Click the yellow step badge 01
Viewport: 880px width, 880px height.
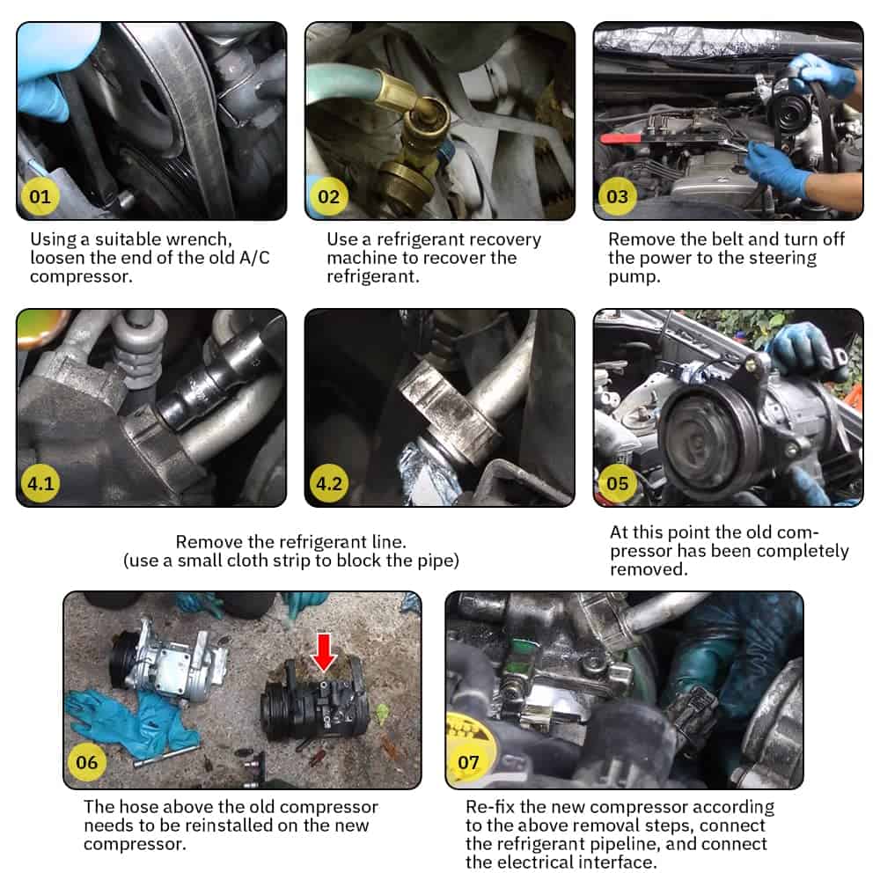click(40, 196)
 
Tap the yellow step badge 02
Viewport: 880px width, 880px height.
click(328, 196)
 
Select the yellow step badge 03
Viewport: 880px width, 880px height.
click(617, 196)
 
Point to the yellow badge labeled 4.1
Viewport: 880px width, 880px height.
click(40, 483)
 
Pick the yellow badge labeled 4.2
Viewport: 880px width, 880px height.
click(329, 483)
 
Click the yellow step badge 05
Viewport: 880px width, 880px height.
click(618, 483)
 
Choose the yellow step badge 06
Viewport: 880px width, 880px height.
click(86, 762)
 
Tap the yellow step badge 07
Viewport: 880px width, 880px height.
click(469, 762)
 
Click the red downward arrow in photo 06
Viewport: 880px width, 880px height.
click(324, 653)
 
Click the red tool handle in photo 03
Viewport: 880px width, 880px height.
click(621, 138)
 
